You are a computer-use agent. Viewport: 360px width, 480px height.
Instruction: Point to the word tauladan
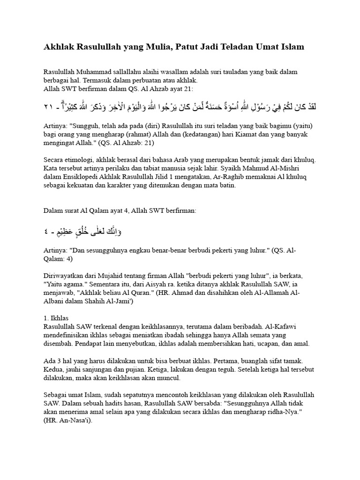click(231, 72)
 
